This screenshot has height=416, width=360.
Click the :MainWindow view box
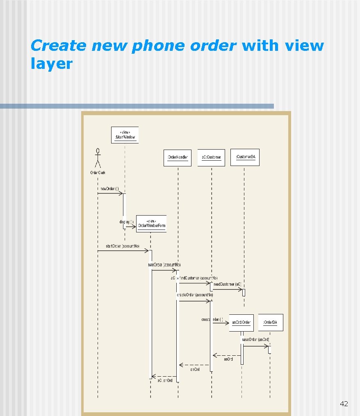point(125,135)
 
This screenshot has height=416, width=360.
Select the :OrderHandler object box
point(178,157)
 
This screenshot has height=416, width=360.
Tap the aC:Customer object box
point(211,157)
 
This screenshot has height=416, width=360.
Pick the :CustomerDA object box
point(245,157)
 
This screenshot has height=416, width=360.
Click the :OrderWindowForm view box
point(151,224)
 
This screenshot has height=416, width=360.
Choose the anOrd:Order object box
point(241,323)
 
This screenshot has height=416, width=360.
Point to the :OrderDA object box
point(270,323)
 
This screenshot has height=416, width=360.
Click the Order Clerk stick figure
point(98,158)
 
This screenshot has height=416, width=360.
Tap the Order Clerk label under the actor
point(98,173)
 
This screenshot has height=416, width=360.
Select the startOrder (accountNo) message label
point(123,246)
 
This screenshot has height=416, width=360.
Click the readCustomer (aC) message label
point(228,284)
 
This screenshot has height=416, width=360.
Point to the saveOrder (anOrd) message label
point(255,340)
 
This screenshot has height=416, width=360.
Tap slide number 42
point(344,404)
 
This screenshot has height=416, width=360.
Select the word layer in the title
point(51,64)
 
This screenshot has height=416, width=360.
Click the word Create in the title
point(59,46)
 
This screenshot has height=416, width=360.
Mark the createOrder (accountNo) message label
point(195,295)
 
